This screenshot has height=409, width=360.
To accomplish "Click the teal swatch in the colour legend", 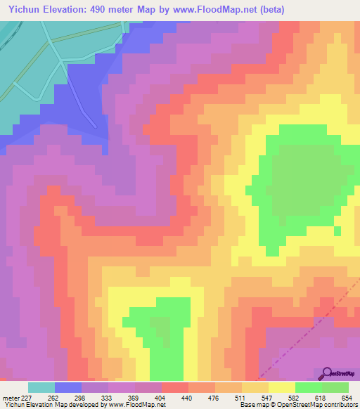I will (x=41, y=387).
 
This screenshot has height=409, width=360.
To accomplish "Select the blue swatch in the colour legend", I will (x=68, y=387).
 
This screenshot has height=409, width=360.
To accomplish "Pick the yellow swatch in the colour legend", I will (x=282, y=387).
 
